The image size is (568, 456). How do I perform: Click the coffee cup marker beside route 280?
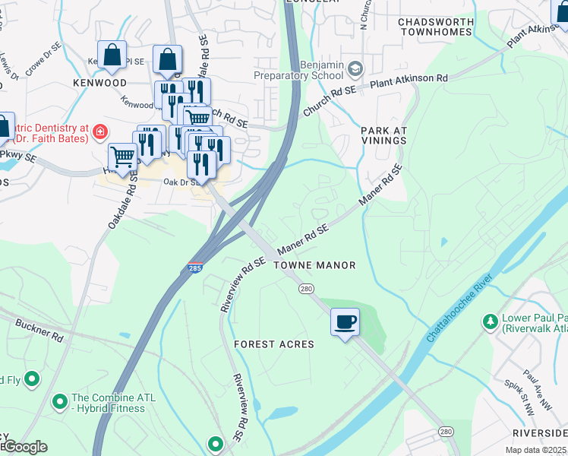[x=345, y=321]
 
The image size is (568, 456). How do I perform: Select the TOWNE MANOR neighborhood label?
[x=314, y=265]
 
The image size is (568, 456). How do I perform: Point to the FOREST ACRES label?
[x=273, y=344]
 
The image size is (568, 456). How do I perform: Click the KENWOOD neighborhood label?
[x=99, y=81]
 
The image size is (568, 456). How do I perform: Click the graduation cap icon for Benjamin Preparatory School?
[x=354, y=70]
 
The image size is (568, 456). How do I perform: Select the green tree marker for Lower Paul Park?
[x=491, y=322]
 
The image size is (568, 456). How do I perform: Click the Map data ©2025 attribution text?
[x=535, y=450]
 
